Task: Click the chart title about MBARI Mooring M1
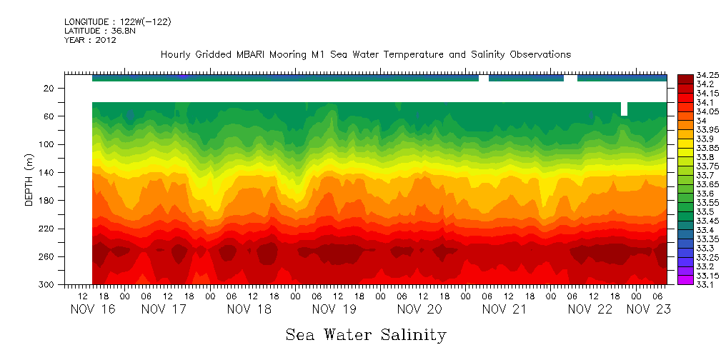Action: (365, 55)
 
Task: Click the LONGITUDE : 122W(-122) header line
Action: (117, 22)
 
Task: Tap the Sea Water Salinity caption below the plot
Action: (366, 334)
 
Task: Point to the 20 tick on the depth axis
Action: (49, 88)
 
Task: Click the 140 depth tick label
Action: (47, 172)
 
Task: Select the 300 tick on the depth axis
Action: (47, 284)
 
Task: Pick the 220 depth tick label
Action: (47, 229)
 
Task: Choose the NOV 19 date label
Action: (334, 309)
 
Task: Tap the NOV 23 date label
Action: (647, 309)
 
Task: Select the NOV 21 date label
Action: (504, 309)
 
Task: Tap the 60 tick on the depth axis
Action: (49, 116)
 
